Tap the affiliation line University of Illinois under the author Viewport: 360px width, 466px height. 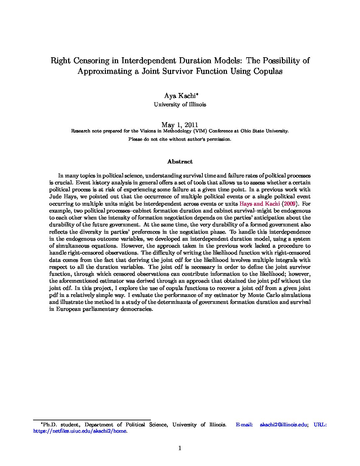(x=180, y=105)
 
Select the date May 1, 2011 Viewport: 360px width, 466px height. (x=180, y=125)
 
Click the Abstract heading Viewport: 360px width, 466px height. (x=180, y=162)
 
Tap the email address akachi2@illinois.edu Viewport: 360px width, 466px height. (x=284, y=425)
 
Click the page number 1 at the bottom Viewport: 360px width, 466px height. (x=180, y=448)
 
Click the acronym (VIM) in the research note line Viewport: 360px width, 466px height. (x=199, y=131)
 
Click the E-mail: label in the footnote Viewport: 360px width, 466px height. (x=245, y=425)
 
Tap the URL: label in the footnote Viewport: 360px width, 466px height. (x=320, y=425)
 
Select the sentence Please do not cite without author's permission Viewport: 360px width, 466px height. (x=180, y=139)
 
